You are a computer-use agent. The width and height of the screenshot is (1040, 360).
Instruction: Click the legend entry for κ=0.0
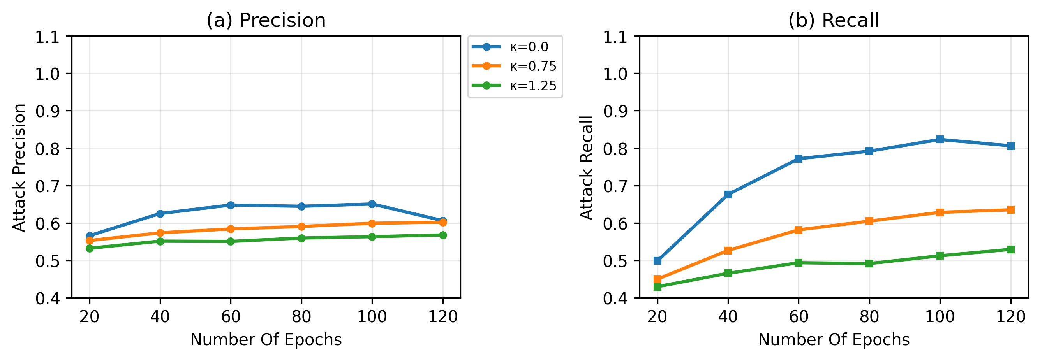pyautogui.click(x=515, y=47)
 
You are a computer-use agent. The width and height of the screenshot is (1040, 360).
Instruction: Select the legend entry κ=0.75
pyautogui.click(x=515, y=66)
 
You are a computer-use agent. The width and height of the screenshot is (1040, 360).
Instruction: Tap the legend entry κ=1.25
pyautogui.click(x=515, y=86)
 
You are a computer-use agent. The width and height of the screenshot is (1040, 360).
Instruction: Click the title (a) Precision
pyautogui.click(x=266, y=20)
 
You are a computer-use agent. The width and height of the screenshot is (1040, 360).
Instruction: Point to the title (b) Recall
pyautogui.click(x=833, y=20)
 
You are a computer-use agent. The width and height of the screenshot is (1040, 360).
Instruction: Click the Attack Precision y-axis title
pyautogui.click(x=19, y=167)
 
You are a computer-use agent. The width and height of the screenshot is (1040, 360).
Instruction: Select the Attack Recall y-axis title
pyautogui.click(x=587, y=167)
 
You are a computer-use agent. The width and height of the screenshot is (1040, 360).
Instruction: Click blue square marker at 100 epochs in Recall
pyautogui.click(x=940, y=140)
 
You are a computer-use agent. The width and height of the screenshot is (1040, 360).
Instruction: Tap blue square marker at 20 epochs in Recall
pyautogui.click(x=657, y=261)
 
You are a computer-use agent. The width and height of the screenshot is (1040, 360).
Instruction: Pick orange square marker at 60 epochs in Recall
pyautogui.click(x=798, y=230)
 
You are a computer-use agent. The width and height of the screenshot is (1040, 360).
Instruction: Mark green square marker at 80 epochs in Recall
pyautogui.click(x=869, y=263)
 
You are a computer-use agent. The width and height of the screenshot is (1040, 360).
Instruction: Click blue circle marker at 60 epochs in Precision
pyautogui.click(x=231, y=205)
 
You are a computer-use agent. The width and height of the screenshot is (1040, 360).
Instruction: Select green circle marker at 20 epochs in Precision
pyautogui.click(x=90, y=248)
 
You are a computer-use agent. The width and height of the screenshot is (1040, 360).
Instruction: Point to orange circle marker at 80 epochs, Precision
pyautogui.click(x=301, y=227)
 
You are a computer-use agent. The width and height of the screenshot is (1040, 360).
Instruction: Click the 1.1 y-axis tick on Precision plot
pyautogui.click(x=47, y=37)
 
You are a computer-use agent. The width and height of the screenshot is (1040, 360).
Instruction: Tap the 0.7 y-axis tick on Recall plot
pyautogui.click(x=615, y=186)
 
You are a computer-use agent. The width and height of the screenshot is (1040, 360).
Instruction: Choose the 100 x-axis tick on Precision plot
pyautogui.click(x=372, y=317)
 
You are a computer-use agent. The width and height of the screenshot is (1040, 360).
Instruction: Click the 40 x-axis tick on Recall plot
pyautogui.click(x=728, y=317)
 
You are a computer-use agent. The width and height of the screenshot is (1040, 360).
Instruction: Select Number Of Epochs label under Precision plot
pyautogui.click(x=266, y=340)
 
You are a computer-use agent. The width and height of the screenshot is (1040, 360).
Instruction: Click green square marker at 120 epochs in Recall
pyautogui.click(x=1010, y=249)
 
